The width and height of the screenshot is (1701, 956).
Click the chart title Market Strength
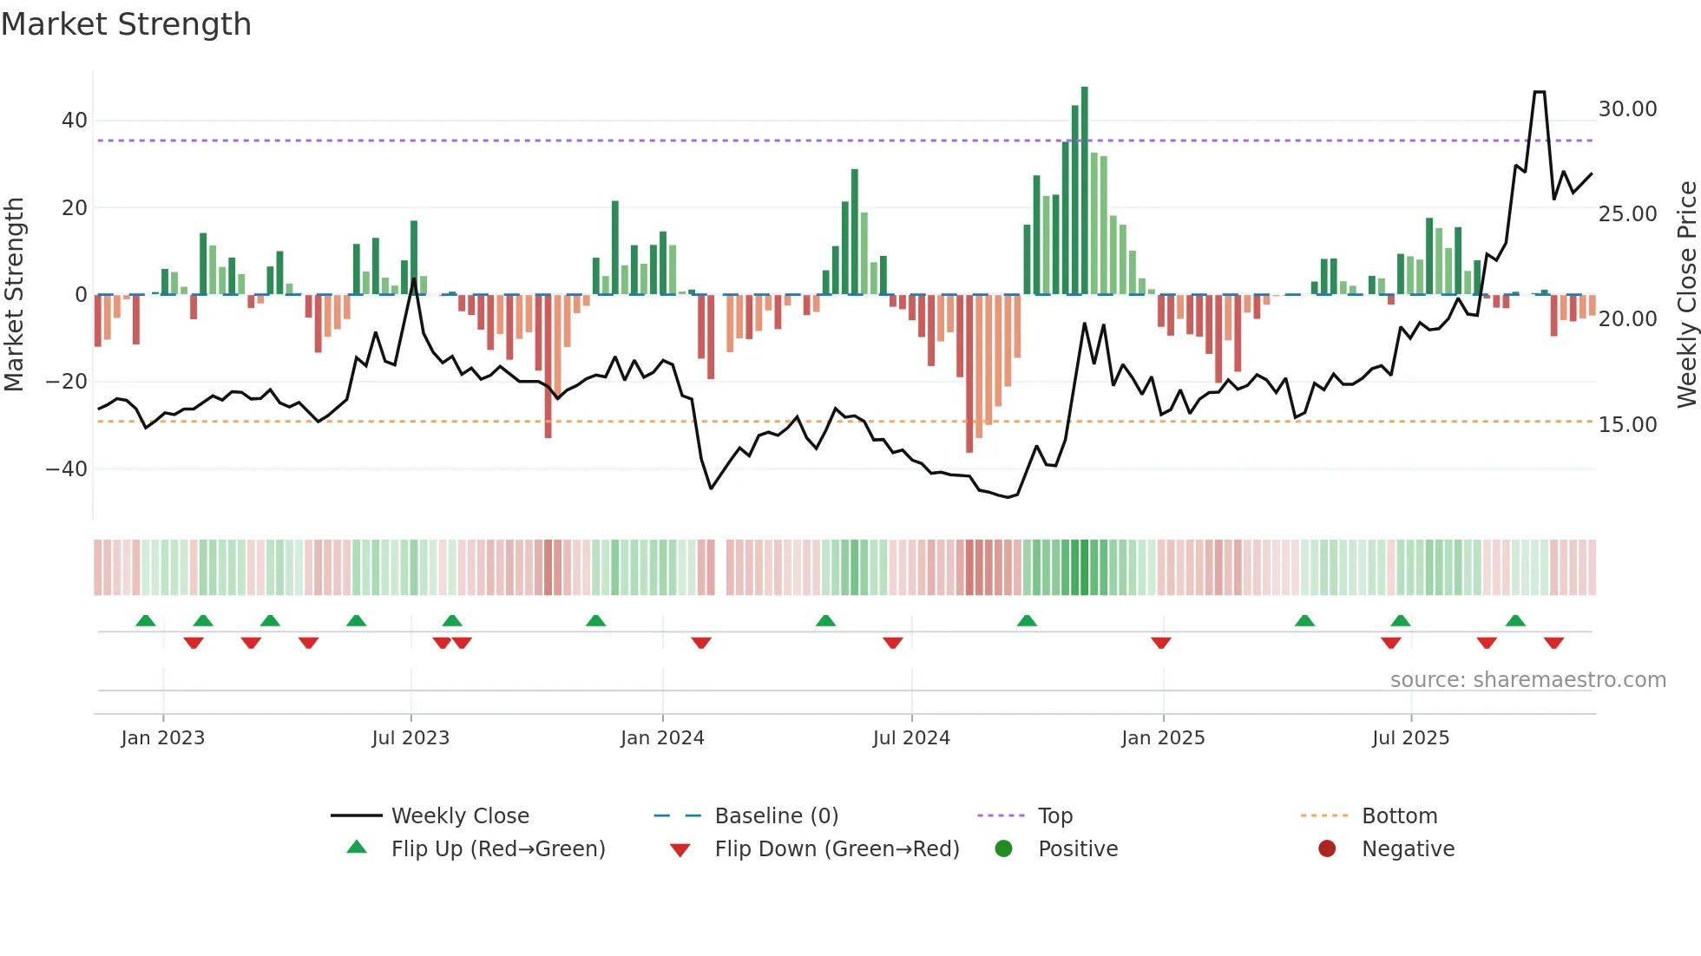click(x=126, y=24)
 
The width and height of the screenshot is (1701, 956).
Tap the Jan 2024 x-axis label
click(x=662, y=738)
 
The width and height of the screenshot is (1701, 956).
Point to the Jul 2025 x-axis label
click(x=1410, y=738)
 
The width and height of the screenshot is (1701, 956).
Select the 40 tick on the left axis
click(x=75, y=121)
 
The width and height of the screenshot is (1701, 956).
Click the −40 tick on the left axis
click(x=67, y=469)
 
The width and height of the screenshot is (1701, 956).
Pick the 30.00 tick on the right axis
click(x=1627, y=109)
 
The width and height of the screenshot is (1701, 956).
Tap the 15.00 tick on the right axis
click(x=1627, y=425)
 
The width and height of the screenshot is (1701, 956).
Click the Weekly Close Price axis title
click(x=1686, y=295)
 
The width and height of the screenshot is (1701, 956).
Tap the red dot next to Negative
click(x=1326, y=849)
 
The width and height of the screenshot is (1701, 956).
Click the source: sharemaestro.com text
click(x=1527, y=680)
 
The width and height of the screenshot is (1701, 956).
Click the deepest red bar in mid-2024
click(x=969, y=373)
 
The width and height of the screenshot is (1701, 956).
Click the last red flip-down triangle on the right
click(x=1553, y=643)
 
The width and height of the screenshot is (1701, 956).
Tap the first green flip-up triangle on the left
click(x=146, y=621)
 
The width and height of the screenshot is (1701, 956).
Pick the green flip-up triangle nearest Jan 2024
click(x=595, y=621)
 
